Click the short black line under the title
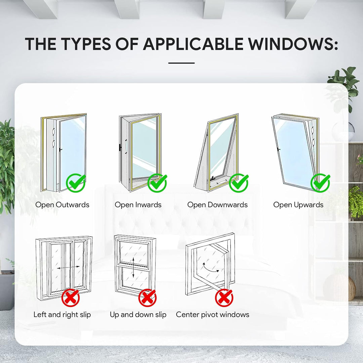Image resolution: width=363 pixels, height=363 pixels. (182, 63)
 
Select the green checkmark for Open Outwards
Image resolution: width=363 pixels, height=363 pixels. (76, 183)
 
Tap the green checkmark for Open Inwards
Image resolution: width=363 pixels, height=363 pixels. (157, 183)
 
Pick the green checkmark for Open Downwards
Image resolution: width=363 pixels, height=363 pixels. (239, 183)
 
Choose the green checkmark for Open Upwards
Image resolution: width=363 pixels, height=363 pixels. (320, 183)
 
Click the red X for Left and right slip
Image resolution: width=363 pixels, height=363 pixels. (71, 297)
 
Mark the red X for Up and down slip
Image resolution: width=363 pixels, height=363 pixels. (148, 297)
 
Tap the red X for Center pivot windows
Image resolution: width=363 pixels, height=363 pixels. (224, 297)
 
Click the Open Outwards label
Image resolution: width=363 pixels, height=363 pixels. (63, 205)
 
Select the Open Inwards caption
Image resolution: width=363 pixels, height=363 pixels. (138, 205)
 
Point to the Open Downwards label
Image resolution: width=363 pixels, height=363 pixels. (217, 205)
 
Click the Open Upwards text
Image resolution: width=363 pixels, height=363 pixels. (298, 205)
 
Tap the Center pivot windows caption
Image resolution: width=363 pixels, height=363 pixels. (213, 315)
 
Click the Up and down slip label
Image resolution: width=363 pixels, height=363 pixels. (138, 315)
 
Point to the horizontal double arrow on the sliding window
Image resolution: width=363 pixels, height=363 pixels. (68, 268)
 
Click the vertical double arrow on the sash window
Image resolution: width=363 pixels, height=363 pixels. (133, 267)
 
